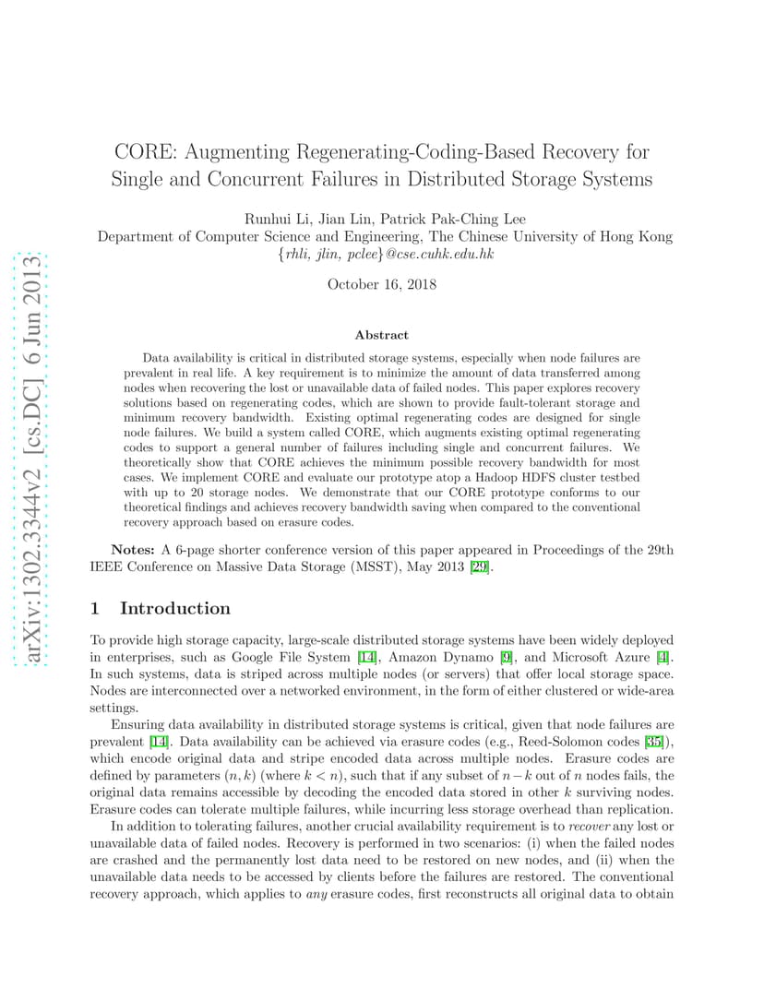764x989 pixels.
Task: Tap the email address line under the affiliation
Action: tap(386, 254)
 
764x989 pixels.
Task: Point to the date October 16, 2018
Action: tap(382, 284)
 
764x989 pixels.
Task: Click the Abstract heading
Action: tap(381, 335)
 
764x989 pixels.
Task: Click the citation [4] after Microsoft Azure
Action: tap(664, 656)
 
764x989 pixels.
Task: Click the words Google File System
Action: tap(297, 656)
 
